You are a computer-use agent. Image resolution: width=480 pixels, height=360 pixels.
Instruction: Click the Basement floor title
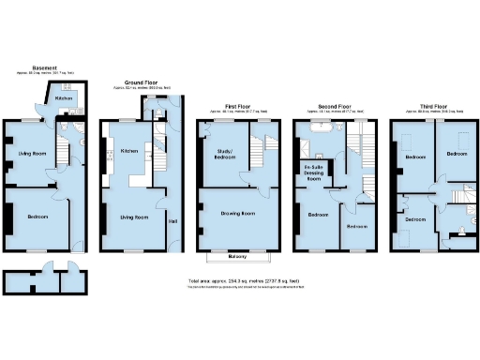(x=44, y=67)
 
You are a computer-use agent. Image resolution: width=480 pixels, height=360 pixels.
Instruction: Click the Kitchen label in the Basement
(x=64, y=97)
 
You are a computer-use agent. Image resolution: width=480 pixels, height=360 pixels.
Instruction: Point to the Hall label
(x=172, y=222)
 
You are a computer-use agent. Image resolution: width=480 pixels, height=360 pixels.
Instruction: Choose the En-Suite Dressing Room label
(x=311, y=172)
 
